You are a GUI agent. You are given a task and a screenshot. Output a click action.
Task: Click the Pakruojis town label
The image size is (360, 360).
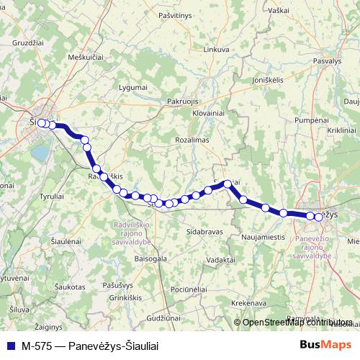[x=182, y=102]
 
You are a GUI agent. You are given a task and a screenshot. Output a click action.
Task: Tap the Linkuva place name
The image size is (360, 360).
[x=216, y=50]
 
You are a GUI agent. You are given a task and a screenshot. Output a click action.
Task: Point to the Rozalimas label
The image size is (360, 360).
[x=192, y=139]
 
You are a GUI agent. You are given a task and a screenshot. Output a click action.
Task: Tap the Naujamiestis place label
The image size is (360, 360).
[x=264, y=236]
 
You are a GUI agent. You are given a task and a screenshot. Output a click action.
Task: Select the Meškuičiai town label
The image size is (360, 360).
[x=86, y=56]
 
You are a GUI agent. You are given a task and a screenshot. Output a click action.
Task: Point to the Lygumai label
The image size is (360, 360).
[x=132, y=87]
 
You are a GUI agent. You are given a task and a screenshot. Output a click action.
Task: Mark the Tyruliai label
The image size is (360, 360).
[x=52, y=196]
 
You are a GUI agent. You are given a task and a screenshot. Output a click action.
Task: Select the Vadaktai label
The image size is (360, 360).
[x=220, y=259]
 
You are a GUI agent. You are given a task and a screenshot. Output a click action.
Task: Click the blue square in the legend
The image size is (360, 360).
[x=9, y=346]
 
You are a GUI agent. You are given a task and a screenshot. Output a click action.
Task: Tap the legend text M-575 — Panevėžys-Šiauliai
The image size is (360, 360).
[x=89, y=346]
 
